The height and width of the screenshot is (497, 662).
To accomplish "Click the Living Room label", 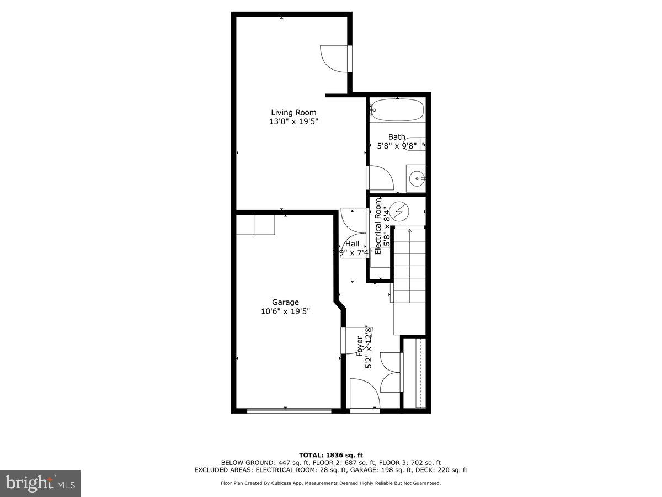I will pos(293,113).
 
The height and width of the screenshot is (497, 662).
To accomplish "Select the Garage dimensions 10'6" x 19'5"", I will pos(285,311).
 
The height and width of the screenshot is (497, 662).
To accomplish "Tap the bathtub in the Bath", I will pos(397,109).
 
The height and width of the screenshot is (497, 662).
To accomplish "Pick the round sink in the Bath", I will pos(417,178).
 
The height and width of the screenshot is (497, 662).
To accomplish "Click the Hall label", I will pos(352,244).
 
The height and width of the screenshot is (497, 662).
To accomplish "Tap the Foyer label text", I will pos(360,346).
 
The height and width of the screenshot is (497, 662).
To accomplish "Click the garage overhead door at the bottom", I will pos(289,410).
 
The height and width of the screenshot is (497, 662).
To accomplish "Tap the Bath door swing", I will pos(380,178).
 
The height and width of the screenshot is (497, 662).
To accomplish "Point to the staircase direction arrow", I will pos(409,232).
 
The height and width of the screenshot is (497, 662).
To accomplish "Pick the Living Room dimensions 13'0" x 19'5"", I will pos(293,122).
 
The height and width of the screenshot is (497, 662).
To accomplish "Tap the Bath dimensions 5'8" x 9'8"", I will pos(396,146).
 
